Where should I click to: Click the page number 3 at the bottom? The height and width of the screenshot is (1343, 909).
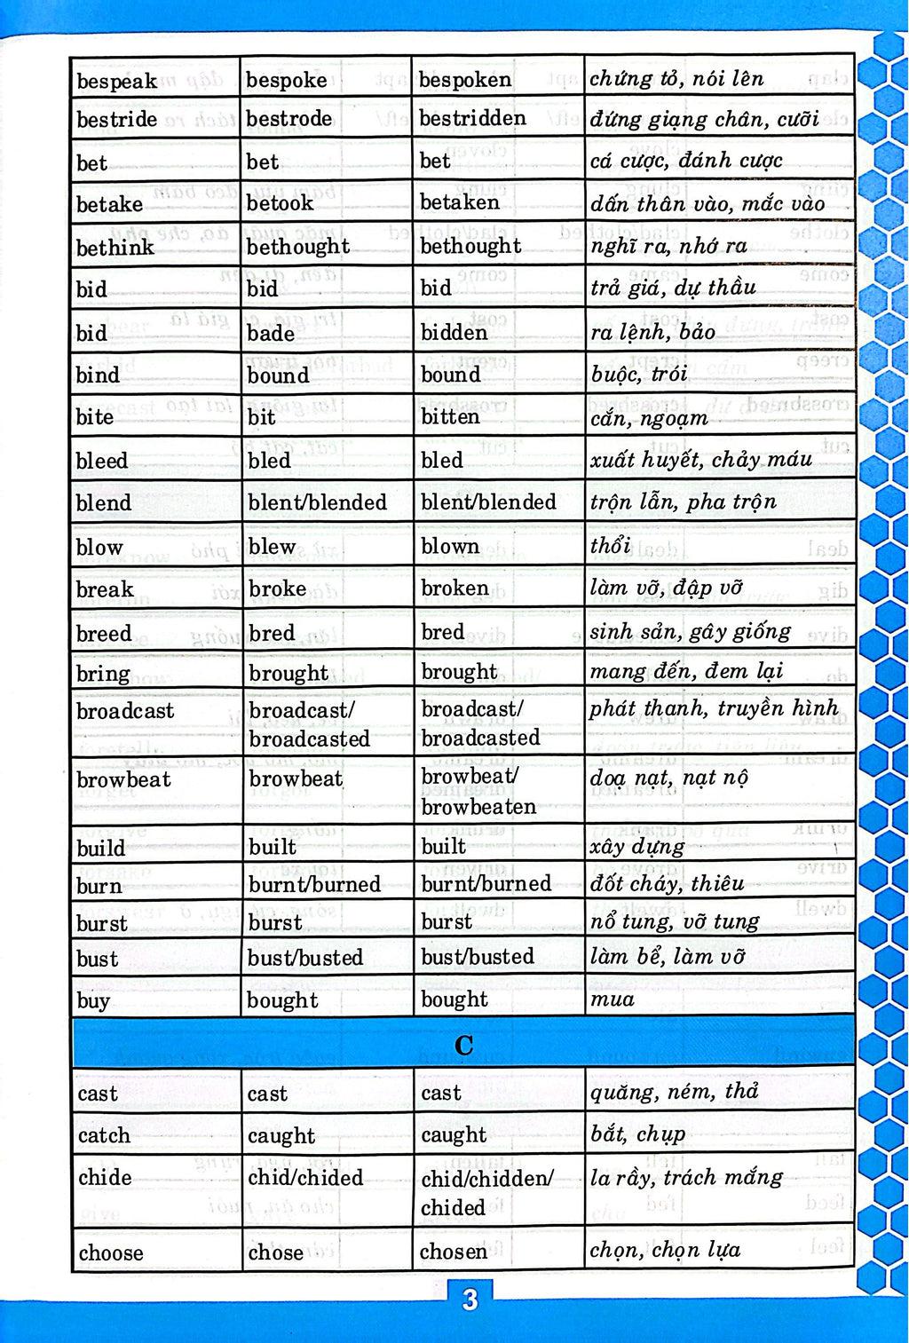click(470, 1300)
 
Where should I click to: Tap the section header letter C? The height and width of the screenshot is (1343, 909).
click(463, 1046)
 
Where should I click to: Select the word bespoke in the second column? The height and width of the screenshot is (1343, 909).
click(286, 80)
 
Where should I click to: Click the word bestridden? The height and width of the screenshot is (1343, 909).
click(471, 118)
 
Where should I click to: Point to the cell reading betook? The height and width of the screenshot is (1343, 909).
click(280, 203)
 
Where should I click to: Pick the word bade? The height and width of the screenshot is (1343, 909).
click(271, 333)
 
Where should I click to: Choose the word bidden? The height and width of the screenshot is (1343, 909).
click(454, 333)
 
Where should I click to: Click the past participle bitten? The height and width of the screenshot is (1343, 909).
click(449, 416)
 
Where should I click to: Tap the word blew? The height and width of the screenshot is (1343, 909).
click(272, 547)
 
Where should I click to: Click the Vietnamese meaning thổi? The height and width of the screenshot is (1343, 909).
click(610, 545)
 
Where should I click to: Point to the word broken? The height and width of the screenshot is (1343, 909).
click(454, 589)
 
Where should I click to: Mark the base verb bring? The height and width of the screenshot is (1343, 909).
click(103, 674)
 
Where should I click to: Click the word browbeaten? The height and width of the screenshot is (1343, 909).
click(478, 807)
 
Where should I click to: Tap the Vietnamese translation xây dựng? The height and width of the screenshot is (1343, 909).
click(636, 846)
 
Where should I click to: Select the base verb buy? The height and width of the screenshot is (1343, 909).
click(93, 1001)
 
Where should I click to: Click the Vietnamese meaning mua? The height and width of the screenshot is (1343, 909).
click(613, 999)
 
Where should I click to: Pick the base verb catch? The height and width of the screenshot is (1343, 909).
click(104, 1135)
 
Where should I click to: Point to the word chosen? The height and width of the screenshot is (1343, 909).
click(453, 1252)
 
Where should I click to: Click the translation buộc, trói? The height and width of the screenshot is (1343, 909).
click(639, 375)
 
